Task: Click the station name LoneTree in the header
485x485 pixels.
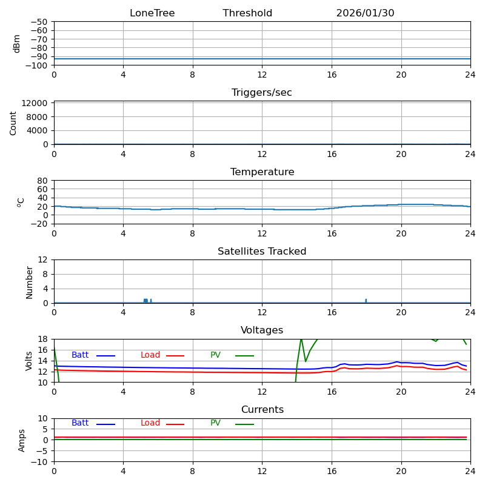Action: click(152, 13)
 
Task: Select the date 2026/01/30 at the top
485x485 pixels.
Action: click(365, 13)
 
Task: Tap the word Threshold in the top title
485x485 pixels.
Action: click(247, 13)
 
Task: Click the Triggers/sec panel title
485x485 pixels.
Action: click(262, 93)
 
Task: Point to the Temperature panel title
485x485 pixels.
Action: click(262, 172)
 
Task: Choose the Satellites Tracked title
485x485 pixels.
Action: click(262, 252)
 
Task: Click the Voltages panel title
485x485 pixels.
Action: click(262, 330)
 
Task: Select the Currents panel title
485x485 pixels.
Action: click(262, 410)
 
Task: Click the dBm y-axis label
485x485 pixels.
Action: click(17, 44)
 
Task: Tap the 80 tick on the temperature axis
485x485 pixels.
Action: click(43, 181)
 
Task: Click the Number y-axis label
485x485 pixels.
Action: click(30, 282)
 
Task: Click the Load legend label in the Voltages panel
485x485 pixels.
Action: click(150, 355)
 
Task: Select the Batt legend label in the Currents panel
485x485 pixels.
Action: click(80, 423)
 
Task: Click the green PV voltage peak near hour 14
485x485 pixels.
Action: click(301, 339)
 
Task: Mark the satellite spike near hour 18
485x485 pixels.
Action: click(366, 300)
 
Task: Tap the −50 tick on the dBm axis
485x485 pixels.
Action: click(39, 22)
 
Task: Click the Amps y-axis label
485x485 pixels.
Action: click(22, 440)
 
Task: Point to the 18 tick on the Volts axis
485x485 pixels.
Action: click(43, 339)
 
